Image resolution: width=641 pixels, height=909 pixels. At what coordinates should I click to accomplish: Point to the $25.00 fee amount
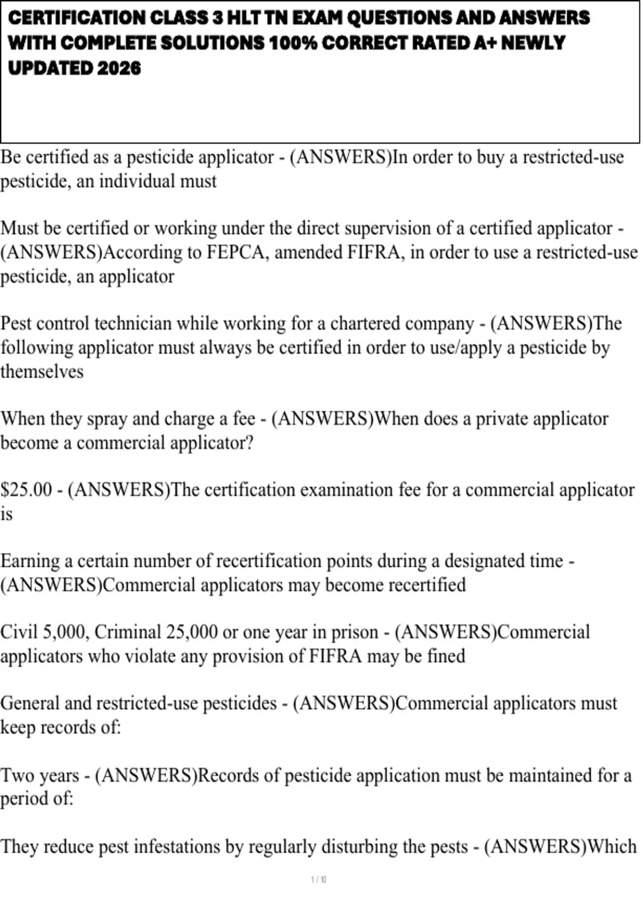[26, 490]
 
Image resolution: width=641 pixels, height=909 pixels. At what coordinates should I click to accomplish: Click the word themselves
[42, 372]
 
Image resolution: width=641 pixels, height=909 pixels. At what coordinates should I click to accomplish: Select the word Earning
[30, 561]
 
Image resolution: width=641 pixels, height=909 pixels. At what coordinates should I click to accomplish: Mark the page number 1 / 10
[319, 880]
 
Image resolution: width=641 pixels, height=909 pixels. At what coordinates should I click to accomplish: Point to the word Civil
[19, 632]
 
